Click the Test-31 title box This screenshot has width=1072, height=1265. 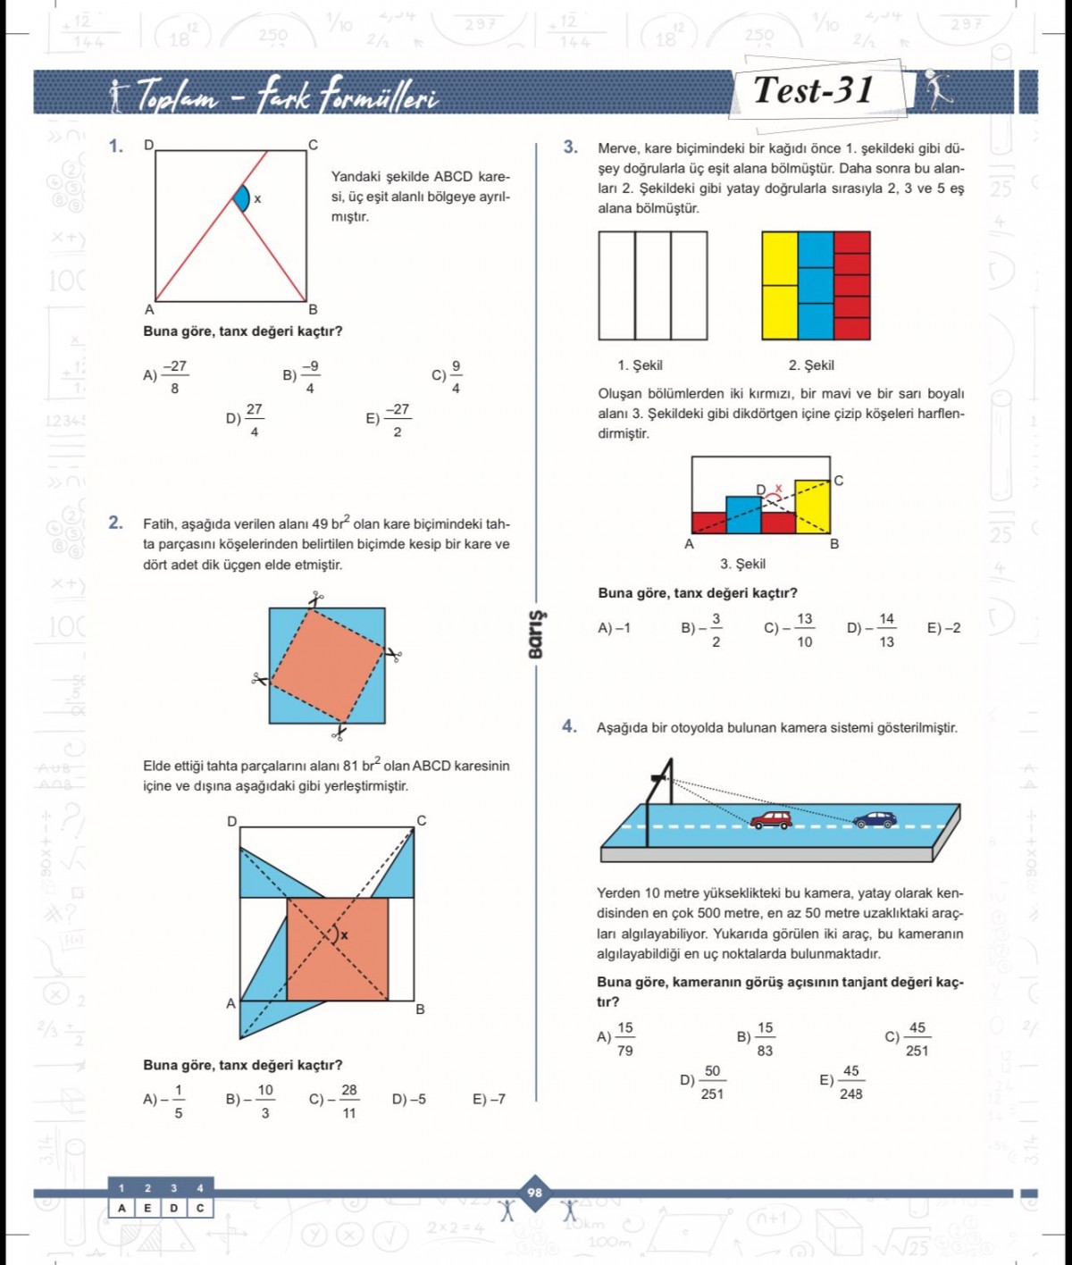pos(814,90)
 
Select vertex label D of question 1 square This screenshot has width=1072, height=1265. pos(149,145)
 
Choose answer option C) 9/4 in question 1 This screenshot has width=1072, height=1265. pos(447,376)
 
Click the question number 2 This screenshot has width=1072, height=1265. pos(115,523)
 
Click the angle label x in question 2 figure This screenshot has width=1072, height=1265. pos(344,935)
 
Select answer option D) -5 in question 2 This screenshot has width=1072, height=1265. pos(408,1100)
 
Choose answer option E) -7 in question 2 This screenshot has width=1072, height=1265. pos(489,1100)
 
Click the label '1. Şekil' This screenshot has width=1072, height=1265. pos(640,365)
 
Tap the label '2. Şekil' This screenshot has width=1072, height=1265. pos(811,365)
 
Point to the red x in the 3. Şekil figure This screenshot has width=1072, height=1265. pos(778,489)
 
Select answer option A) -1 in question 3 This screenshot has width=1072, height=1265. pos(614,628)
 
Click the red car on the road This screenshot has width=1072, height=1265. pos(770,819)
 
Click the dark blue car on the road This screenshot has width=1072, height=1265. pos(875,819)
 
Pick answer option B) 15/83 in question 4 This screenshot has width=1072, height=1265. pos(756,1038)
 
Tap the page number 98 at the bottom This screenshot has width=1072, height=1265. pos(534,1193)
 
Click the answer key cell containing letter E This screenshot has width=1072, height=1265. pos(148,1208)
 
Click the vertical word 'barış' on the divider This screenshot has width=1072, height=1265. pos(535,635)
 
